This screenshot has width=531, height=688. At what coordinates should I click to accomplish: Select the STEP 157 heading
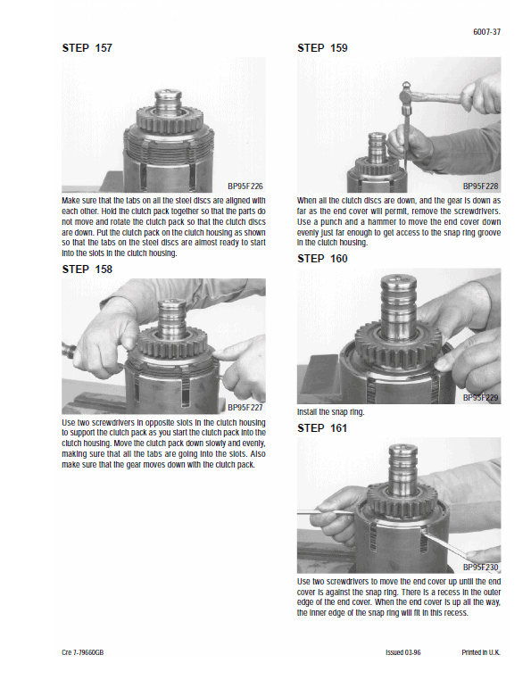click(x=87, y=47)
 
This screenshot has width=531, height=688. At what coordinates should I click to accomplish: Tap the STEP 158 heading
click(x=87, y=268)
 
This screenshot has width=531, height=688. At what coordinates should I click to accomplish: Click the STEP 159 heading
click(x=322, y=47)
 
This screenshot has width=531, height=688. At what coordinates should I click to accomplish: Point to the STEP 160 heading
click(x=322, y=258)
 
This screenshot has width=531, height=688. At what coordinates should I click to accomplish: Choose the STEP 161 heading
click(x=322, y=427)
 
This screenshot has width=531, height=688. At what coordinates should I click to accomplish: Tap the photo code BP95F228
click(x=480, y=186)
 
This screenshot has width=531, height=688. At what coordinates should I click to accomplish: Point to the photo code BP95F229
click(x=480, y=397)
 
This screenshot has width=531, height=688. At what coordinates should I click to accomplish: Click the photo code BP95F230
click(x=480, y=567)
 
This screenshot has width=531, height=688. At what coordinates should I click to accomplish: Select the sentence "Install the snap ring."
click(x=330, y=412)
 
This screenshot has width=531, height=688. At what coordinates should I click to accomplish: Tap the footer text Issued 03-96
click(x=402, y=652)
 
